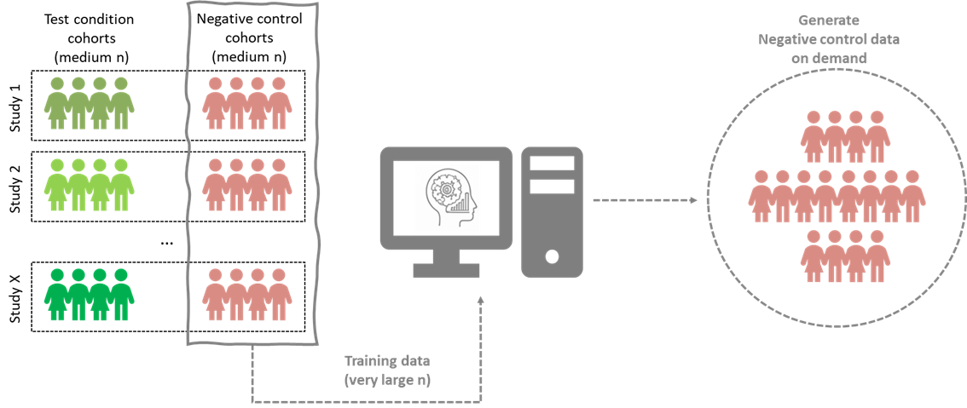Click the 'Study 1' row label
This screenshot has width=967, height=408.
point(14,106)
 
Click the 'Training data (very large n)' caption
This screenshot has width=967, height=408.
point(387,371)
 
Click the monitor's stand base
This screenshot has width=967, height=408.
point(446,269)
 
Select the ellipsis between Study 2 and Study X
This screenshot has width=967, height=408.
point(167,242)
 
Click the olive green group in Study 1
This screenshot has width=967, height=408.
point(89,103)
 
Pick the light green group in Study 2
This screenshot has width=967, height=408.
point(89,184)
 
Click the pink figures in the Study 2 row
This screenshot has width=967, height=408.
point(248,184)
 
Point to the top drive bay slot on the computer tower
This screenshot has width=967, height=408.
point(553,162)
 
